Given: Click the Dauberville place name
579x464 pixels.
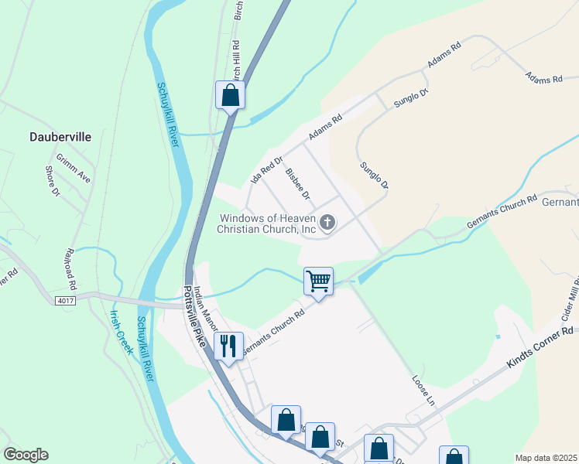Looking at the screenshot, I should tap(60, 137).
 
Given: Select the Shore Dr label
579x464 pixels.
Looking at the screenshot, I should tap(53, 181).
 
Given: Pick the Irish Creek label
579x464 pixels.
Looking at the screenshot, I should tap(122, 331).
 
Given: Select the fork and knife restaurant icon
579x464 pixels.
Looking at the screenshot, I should tap(228, 346).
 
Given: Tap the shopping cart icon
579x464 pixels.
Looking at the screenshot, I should tap(318, 281).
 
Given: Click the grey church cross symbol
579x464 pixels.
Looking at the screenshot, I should tap(327, 223).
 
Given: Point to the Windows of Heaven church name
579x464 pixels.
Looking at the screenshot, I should tap(267, 223).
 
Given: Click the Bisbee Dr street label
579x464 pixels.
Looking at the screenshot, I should tap(297, 184).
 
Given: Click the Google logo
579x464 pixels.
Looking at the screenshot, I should tap(26, 455).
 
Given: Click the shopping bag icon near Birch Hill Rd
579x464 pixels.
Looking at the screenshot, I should tap(230, 95).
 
